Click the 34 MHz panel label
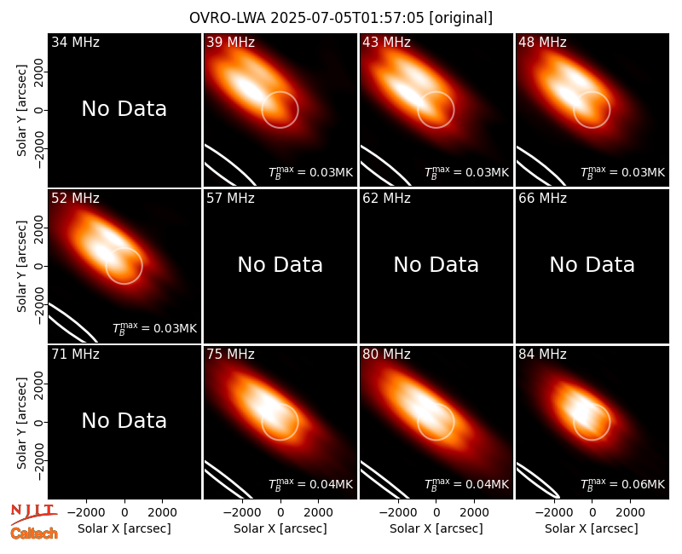click(75, 42)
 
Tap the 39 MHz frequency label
click(230, 42)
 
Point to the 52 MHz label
click(75, 199)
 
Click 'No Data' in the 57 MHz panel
click(280, 264)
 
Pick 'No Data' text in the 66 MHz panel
click(592, 264)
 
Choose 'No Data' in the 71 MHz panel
click(124, 420)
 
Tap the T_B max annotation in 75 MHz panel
click(310, 484)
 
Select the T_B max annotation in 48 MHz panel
click(622, 173)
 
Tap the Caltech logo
click(34, 534)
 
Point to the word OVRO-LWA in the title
click(228, 18)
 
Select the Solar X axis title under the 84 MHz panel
click(592, 528)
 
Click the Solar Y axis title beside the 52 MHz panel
click(21, 266)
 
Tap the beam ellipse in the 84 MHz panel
click(539, 482)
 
